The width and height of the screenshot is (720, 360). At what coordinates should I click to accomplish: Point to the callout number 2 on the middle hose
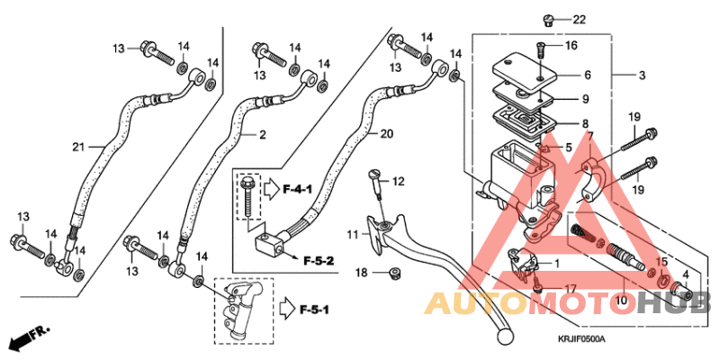(x=263, y=135)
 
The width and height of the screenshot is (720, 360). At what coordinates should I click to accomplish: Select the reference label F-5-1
(x=313, y=310)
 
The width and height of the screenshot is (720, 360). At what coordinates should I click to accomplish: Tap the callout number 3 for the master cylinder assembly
(x=642, y=76)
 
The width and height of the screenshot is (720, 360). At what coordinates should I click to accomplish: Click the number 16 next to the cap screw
(x=571, y=45)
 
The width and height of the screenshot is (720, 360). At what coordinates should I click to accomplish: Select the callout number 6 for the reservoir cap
(x=587, y=76)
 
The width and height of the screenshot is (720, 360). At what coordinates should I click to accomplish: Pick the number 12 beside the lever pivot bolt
(x=398, y=182)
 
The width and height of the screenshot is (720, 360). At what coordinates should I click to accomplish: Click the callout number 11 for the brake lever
(x=352, y=236)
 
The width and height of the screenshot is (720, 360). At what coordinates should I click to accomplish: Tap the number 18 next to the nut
(x=361, y=272)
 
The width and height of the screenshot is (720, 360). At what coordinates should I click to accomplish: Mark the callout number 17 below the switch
(x=571, y=288)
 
